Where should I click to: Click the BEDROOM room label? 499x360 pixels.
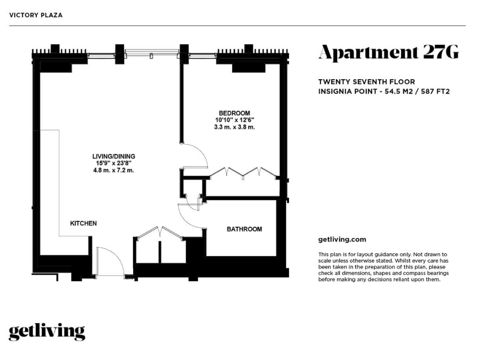(x=234, y=113)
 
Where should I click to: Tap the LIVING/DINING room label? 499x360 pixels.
(x=114, y=156)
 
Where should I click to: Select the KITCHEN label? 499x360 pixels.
(x=83, y=223)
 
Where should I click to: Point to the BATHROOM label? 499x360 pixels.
(x=245, y=229)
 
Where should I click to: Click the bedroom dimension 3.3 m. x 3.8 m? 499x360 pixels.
(x=235, y=127)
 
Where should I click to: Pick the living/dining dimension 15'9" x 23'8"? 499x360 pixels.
(x=114, y=163)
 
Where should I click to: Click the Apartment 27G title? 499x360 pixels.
(x=389, y=52)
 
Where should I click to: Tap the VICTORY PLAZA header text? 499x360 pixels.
(x=36, y=15)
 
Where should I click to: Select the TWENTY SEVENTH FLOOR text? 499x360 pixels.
(x=367, y=82)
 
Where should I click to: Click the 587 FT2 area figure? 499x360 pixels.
(x=435, y=92)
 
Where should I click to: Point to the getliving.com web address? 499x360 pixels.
(x=342, y=239)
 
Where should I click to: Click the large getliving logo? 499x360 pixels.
(x=47, y=332)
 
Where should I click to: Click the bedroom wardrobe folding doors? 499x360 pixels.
(x=244, y=172)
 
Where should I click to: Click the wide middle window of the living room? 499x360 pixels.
(x=152, y=53)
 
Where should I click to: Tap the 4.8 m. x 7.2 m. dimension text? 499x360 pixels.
(x=114, y=170)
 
